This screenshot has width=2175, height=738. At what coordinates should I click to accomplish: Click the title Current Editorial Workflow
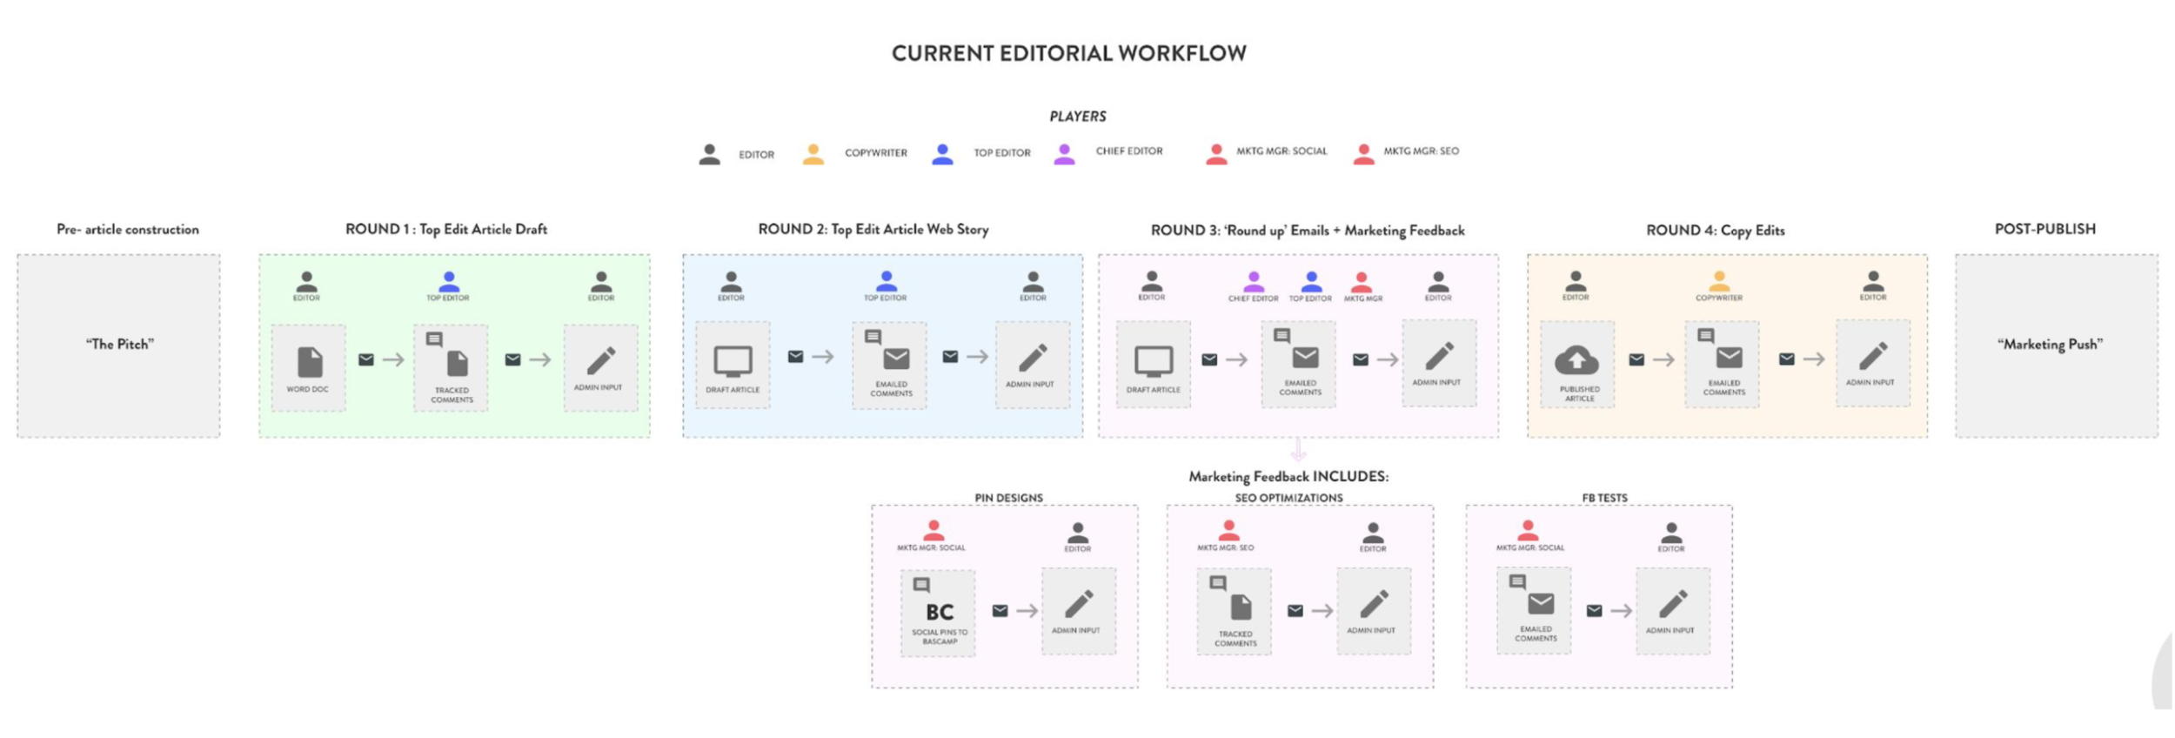(x=1068, y=53)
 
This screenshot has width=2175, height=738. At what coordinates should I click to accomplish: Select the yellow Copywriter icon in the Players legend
(x=813, y=154)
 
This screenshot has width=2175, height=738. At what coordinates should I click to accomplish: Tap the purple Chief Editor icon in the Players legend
(x=1064, y=154)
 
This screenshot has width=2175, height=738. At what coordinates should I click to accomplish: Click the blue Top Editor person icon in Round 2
(x=886, y=281)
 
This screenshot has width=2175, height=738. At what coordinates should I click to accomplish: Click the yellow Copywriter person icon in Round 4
(x=1718, y=281)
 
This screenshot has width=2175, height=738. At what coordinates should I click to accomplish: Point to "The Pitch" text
(x=120, y=345)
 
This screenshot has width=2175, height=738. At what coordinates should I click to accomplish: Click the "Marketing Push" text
(x=2050, y=345)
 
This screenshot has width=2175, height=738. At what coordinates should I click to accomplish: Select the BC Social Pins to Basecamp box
(x=938, y=613)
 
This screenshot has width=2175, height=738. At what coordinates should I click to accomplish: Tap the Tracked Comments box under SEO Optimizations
(x=1234, y=612)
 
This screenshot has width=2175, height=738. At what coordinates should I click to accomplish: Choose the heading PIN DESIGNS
(x=1008, y=498)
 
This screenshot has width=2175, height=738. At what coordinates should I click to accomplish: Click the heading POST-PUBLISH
(x=2044, y=229)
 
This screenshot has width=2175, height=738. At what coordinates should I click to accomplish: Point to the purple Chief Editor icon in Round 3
(x=1253, y=281)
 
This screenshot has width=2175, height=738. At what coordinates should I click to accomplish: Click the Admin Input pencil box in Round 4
(x=1872, y=363)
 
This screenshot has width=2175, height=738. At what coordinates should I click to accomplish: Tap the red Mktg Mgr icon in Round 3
(x=1362, y=282)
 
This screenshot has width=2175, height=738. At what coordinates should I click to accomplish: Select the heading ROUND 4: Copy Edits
(x=1715, y=231)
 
